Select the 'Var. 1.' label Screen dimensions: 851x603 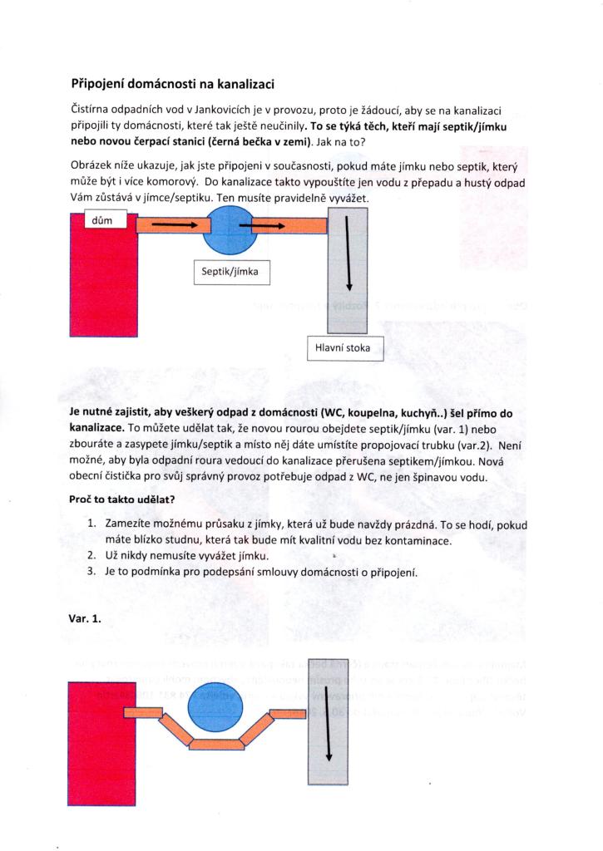point(85,618)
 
